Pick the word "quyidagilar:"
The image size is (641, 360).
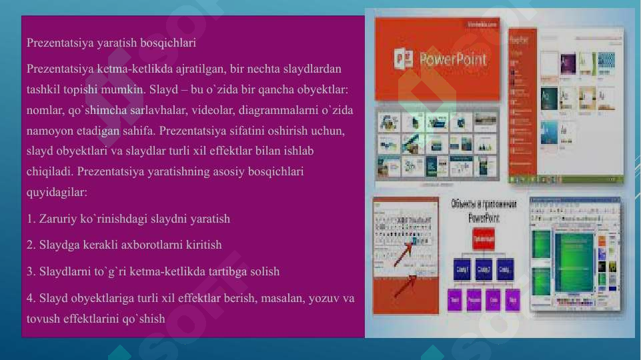pos(57,192)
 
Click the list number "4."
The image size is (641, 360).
pos(31,298)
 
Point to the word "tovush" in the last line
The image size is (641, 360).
pos(43,319)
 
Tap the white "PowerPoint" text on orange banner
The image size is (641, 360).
pos(453,59)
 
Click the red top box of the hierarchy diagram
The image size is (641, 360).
pos(483,239)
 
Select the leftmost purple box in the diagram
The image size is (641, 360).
pos(455,299)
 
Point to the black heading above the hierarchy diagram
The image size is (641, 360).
pos(484,211)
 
